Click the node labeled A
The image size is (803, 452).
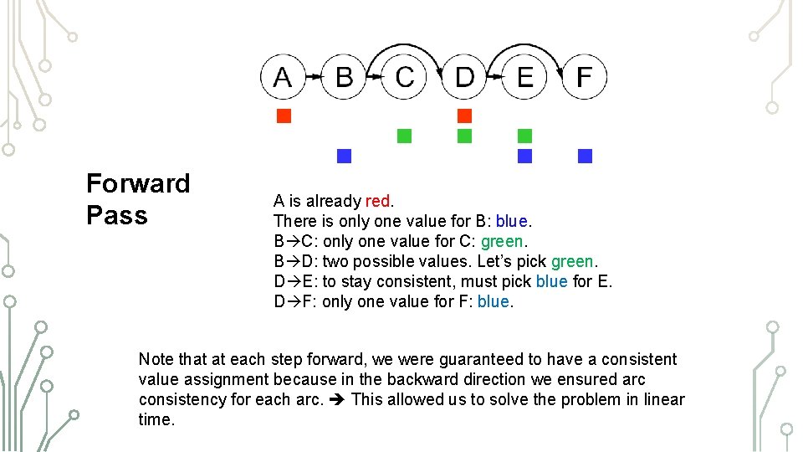point(284,77)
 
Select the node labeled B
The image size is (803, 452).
point(344,77)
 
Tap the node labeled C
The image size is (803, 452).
point(405,77)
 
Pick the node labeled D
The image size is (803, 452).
point(465,77)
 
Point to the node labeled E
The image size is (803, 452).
point(525,77)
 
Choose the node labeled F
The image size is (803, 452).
point(585,77)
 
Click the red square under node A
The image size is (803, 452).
point(284,116)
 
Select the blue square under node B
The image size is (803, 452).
point(344,156)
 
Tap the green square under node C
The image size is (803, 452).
point(405,136)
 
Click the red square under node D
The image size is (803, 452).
point(465,116)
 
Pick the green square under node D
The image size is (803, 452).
point(465,136)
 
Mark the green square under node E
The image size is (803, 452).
point(525,136)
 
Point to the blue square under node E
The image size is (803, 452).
point(525,156)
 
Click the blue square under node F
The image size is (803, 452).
point(585,156)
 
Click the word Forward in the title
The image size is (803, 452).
point(138,183)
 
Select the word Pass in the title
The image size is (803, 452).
point(116,215)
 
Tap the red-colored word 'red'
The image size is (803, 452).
point(377,201)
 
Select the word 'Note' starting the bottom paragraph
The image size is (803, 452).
point(156,359)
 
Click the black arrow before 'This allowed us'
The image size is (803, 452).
point(337,399)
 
